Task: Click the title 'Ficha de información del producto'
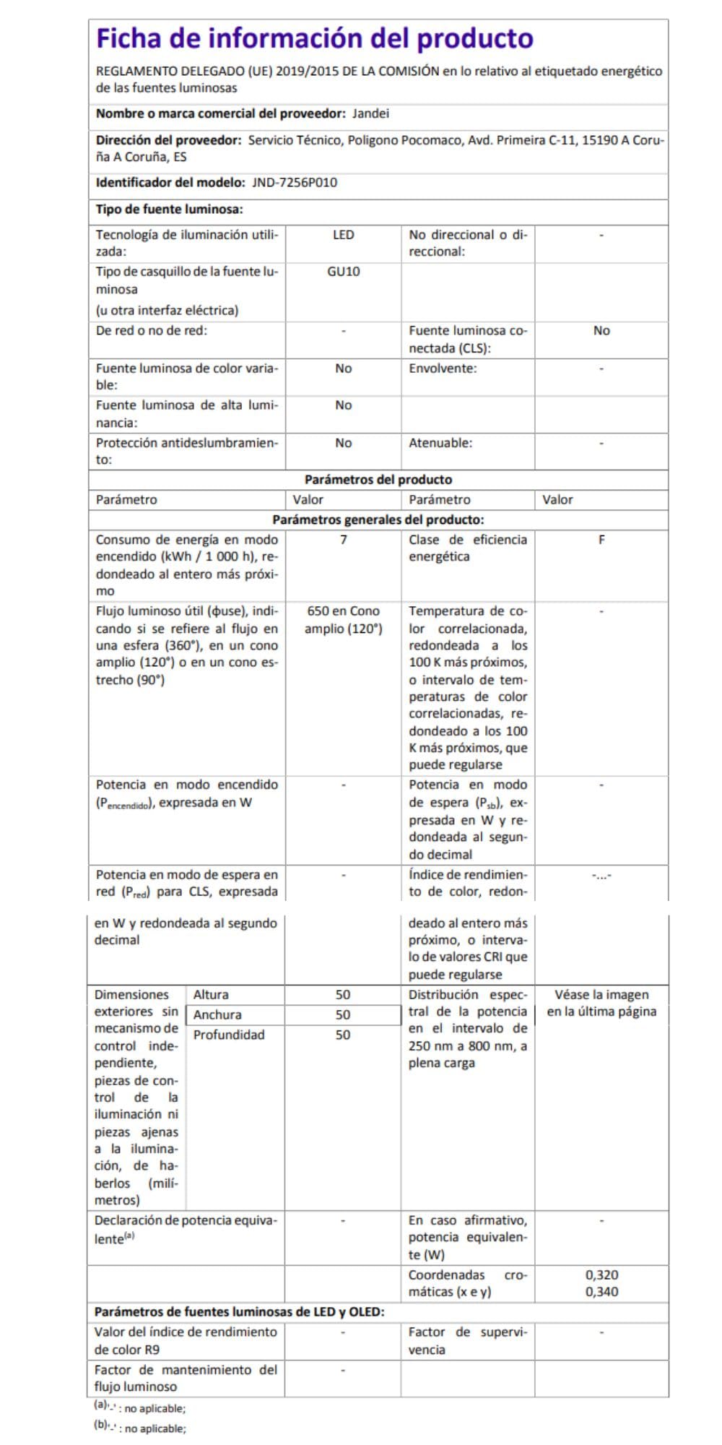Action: (315, 38)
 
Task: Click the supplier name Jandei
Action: (370, 113)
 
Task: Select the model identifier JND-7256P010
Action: (295, 183)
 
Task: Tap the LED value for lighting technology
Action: (343, 235)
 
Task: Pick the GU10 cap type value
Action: (343, 272)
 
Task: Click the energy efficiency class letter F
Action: (601, 540)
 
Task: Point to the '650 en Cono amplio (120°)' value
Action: (343, 620)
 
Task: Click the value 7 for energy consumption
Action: (343, 540)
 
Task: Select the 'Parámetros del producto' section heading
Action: (378, 480)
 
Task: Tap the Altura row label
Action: (211, 995)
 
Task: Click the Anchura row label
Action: (217, 1015)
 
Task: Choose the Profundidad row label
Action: (229, 1035)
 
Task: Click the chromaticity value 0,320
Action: (601, 1275)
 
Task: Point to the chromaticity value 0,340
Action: (601, 1292)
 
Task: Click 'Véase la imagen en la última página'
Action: (601, 1004)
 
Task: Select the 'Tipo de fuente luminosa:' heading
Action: (170, 210)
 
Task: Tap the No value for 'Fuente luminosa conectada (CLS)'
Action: (601, 331)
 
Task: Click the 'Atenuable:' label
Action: (440, 443)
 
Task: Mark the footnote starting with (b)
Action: (140, 1428)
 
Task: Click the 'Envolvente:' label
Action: (443, 368)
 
